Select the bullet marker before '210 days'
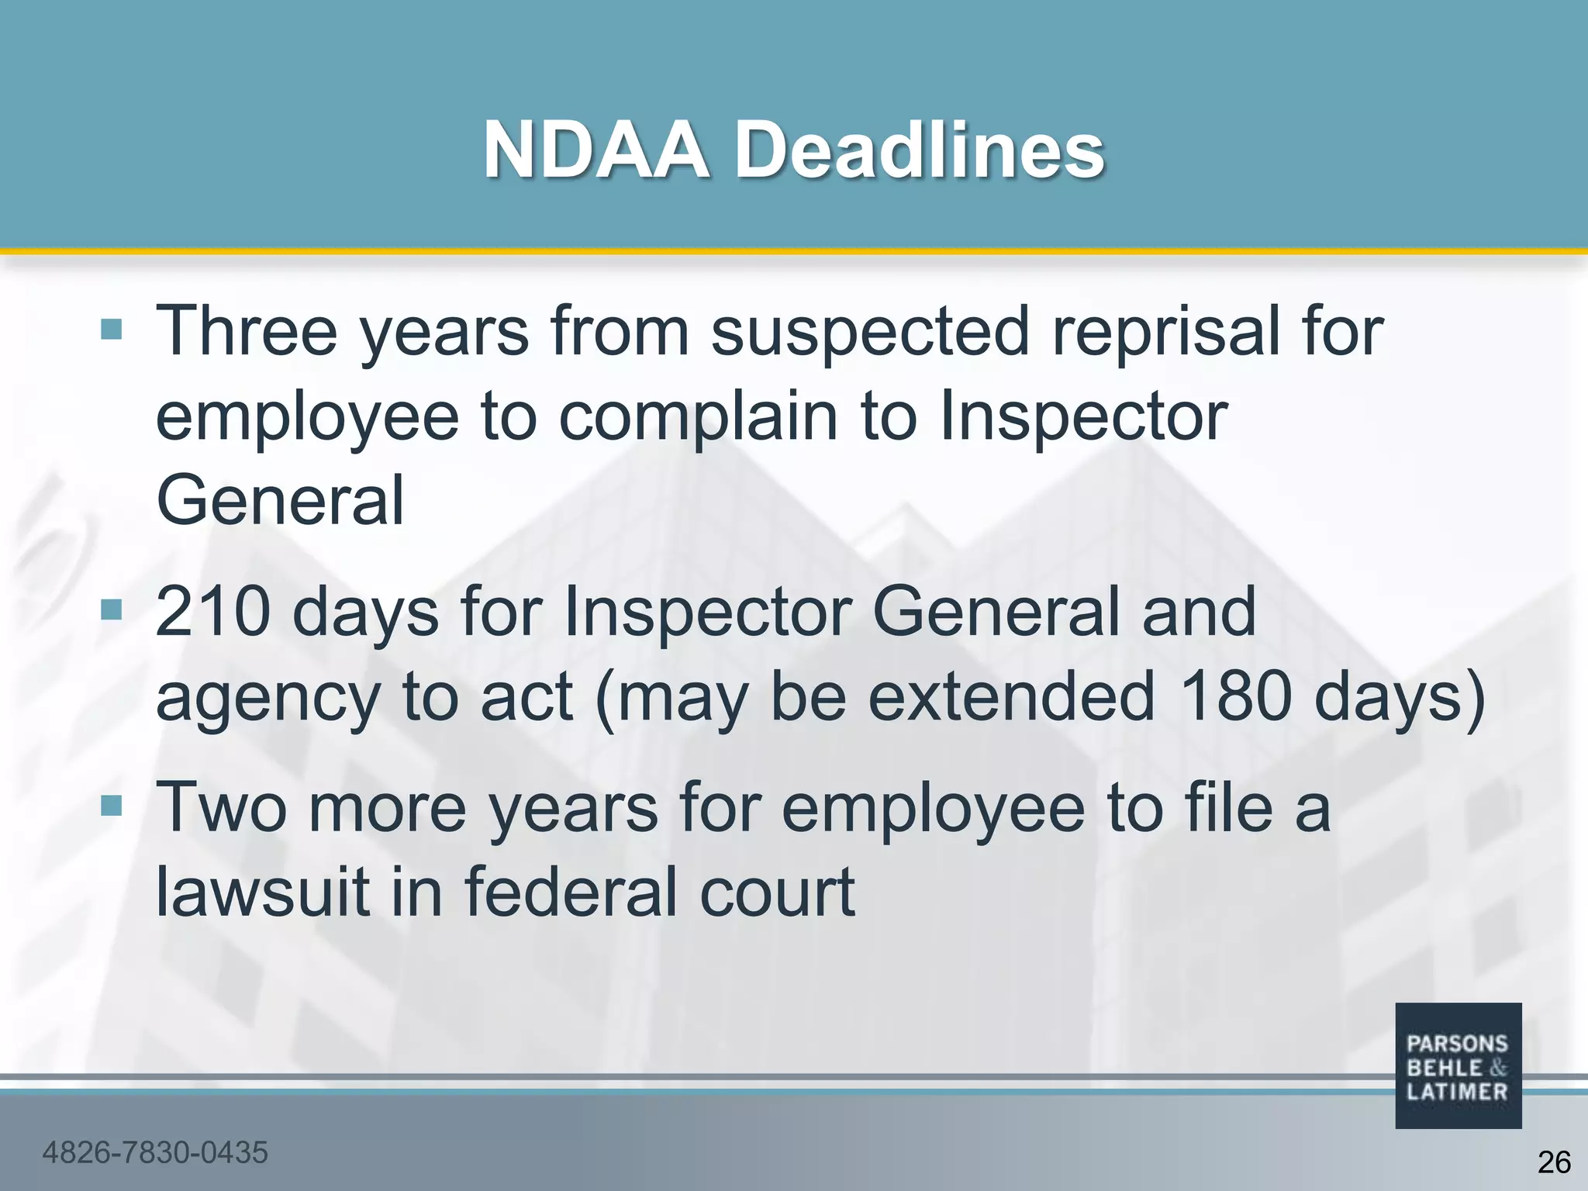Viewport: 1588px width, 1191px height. tap(112, 610)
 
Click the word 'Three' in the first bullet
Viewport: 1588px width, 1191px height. tap(247, 331)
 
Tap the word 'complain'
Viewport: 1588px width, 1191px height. tap(698, 416)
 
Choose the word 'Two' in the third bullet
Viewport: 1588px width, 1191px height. tap(223, 807)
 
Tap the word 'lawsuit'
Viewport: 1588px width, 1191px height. tap(263, 892)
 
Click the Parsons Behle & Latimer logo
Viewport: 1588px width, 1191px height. tap(1458, 1065)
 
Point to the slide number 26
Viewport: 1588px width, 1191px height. tap(1553, 1162)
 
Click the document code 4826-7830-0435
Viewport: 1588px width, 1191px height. tap(155, 1152)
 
